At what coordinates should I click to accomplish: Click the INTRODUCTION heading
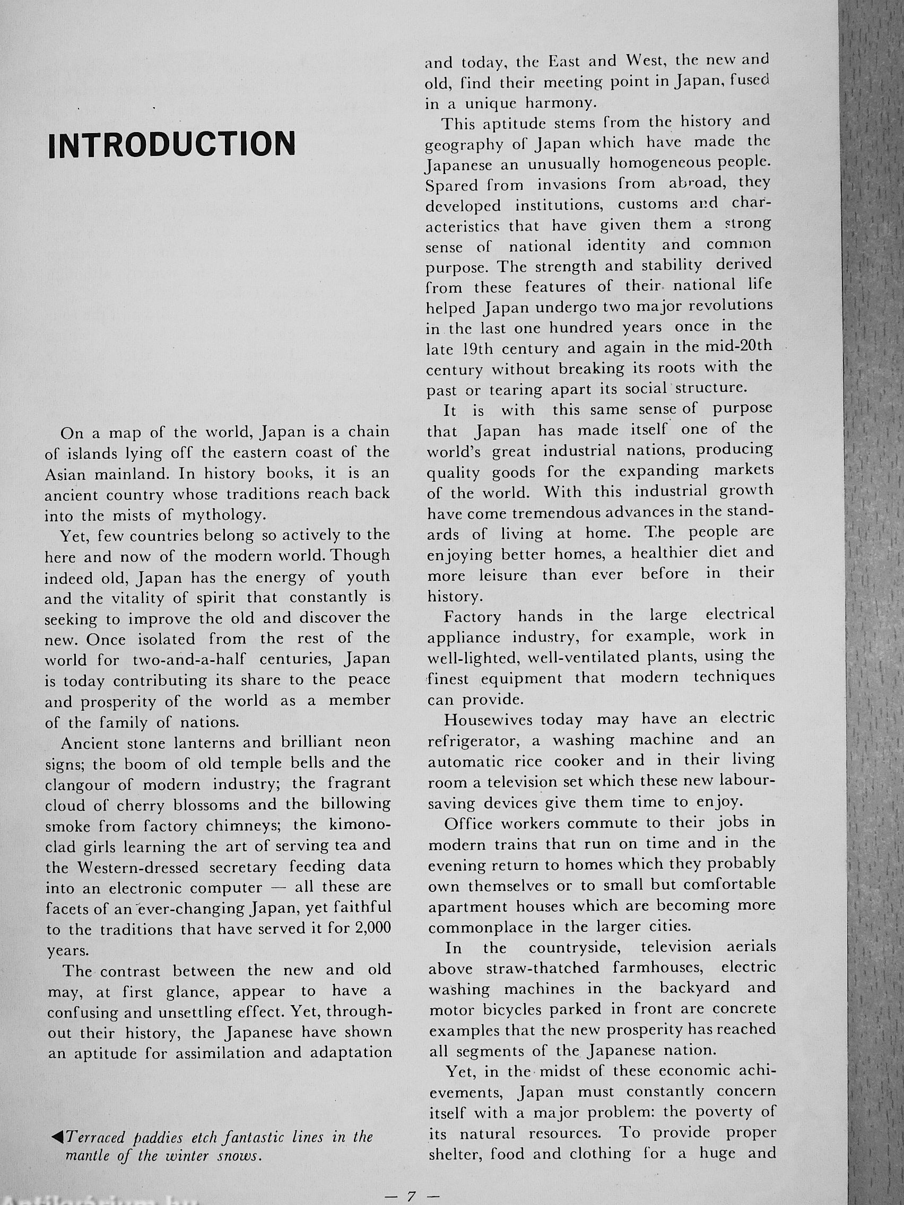click(172, 144)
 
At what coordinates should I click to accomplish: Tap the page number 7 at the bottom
click(411, 1196)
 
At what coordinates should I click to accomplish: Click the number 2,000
click(373, 928)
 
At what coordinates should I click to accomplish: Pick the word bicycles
click(512, 1009)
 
